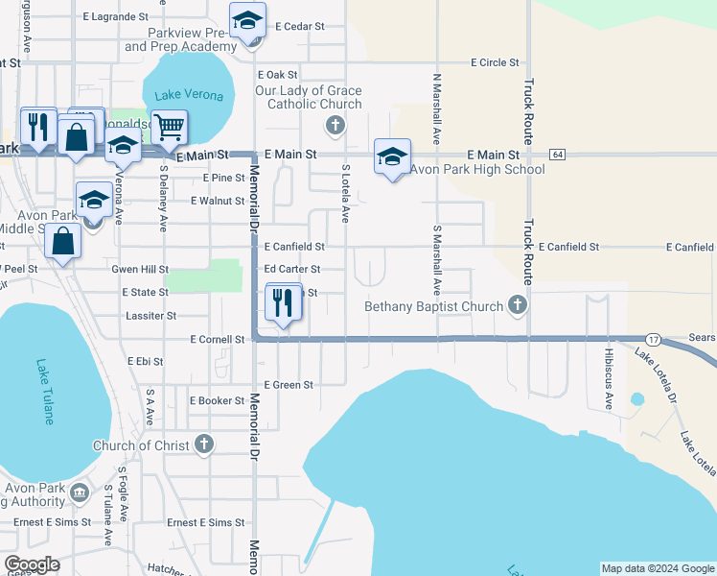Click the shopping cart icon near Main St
(169, 126)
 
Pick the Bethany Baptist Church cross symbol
(518, 304)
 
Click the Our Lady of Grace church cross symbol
(335, 123)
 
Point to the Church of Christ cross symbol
(203, 444)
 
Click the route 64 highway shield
(556, 155)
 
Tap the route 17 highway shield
(652, 340)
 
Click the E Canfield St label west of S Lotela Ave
(294, 247)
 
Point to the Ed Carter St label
(292, 270)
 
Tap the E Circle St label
(495, 62)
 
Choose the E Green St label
(289, 385)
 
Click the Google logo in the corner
(32, 565)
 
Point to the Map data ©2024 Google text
(658, 568)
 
